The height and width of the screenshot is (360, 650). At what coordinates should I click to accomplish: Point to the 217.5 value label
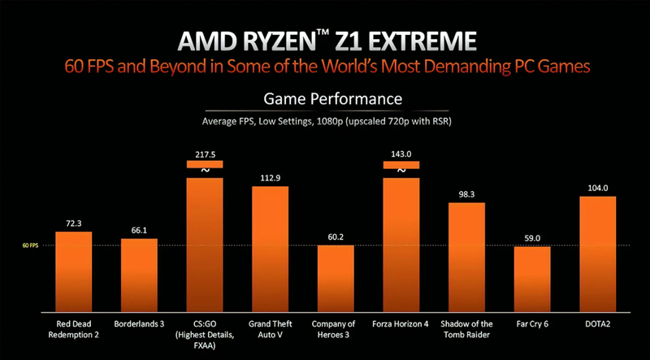point(204,153)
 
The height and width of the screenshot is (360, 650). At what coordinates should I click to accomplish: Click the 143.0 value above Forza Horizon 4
point(401,153)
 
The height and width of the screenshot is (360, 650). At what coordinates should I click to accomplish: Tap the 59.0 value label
point(532,238)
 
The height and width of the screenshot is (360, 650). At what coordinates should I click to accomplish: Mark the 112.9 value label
point(270,179)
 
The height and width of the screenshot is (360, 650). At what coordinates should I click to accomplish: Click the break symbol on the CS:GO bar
point(204,171)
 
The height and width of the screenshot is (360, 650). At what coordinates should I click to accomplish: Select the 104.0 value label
point(597,188)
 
